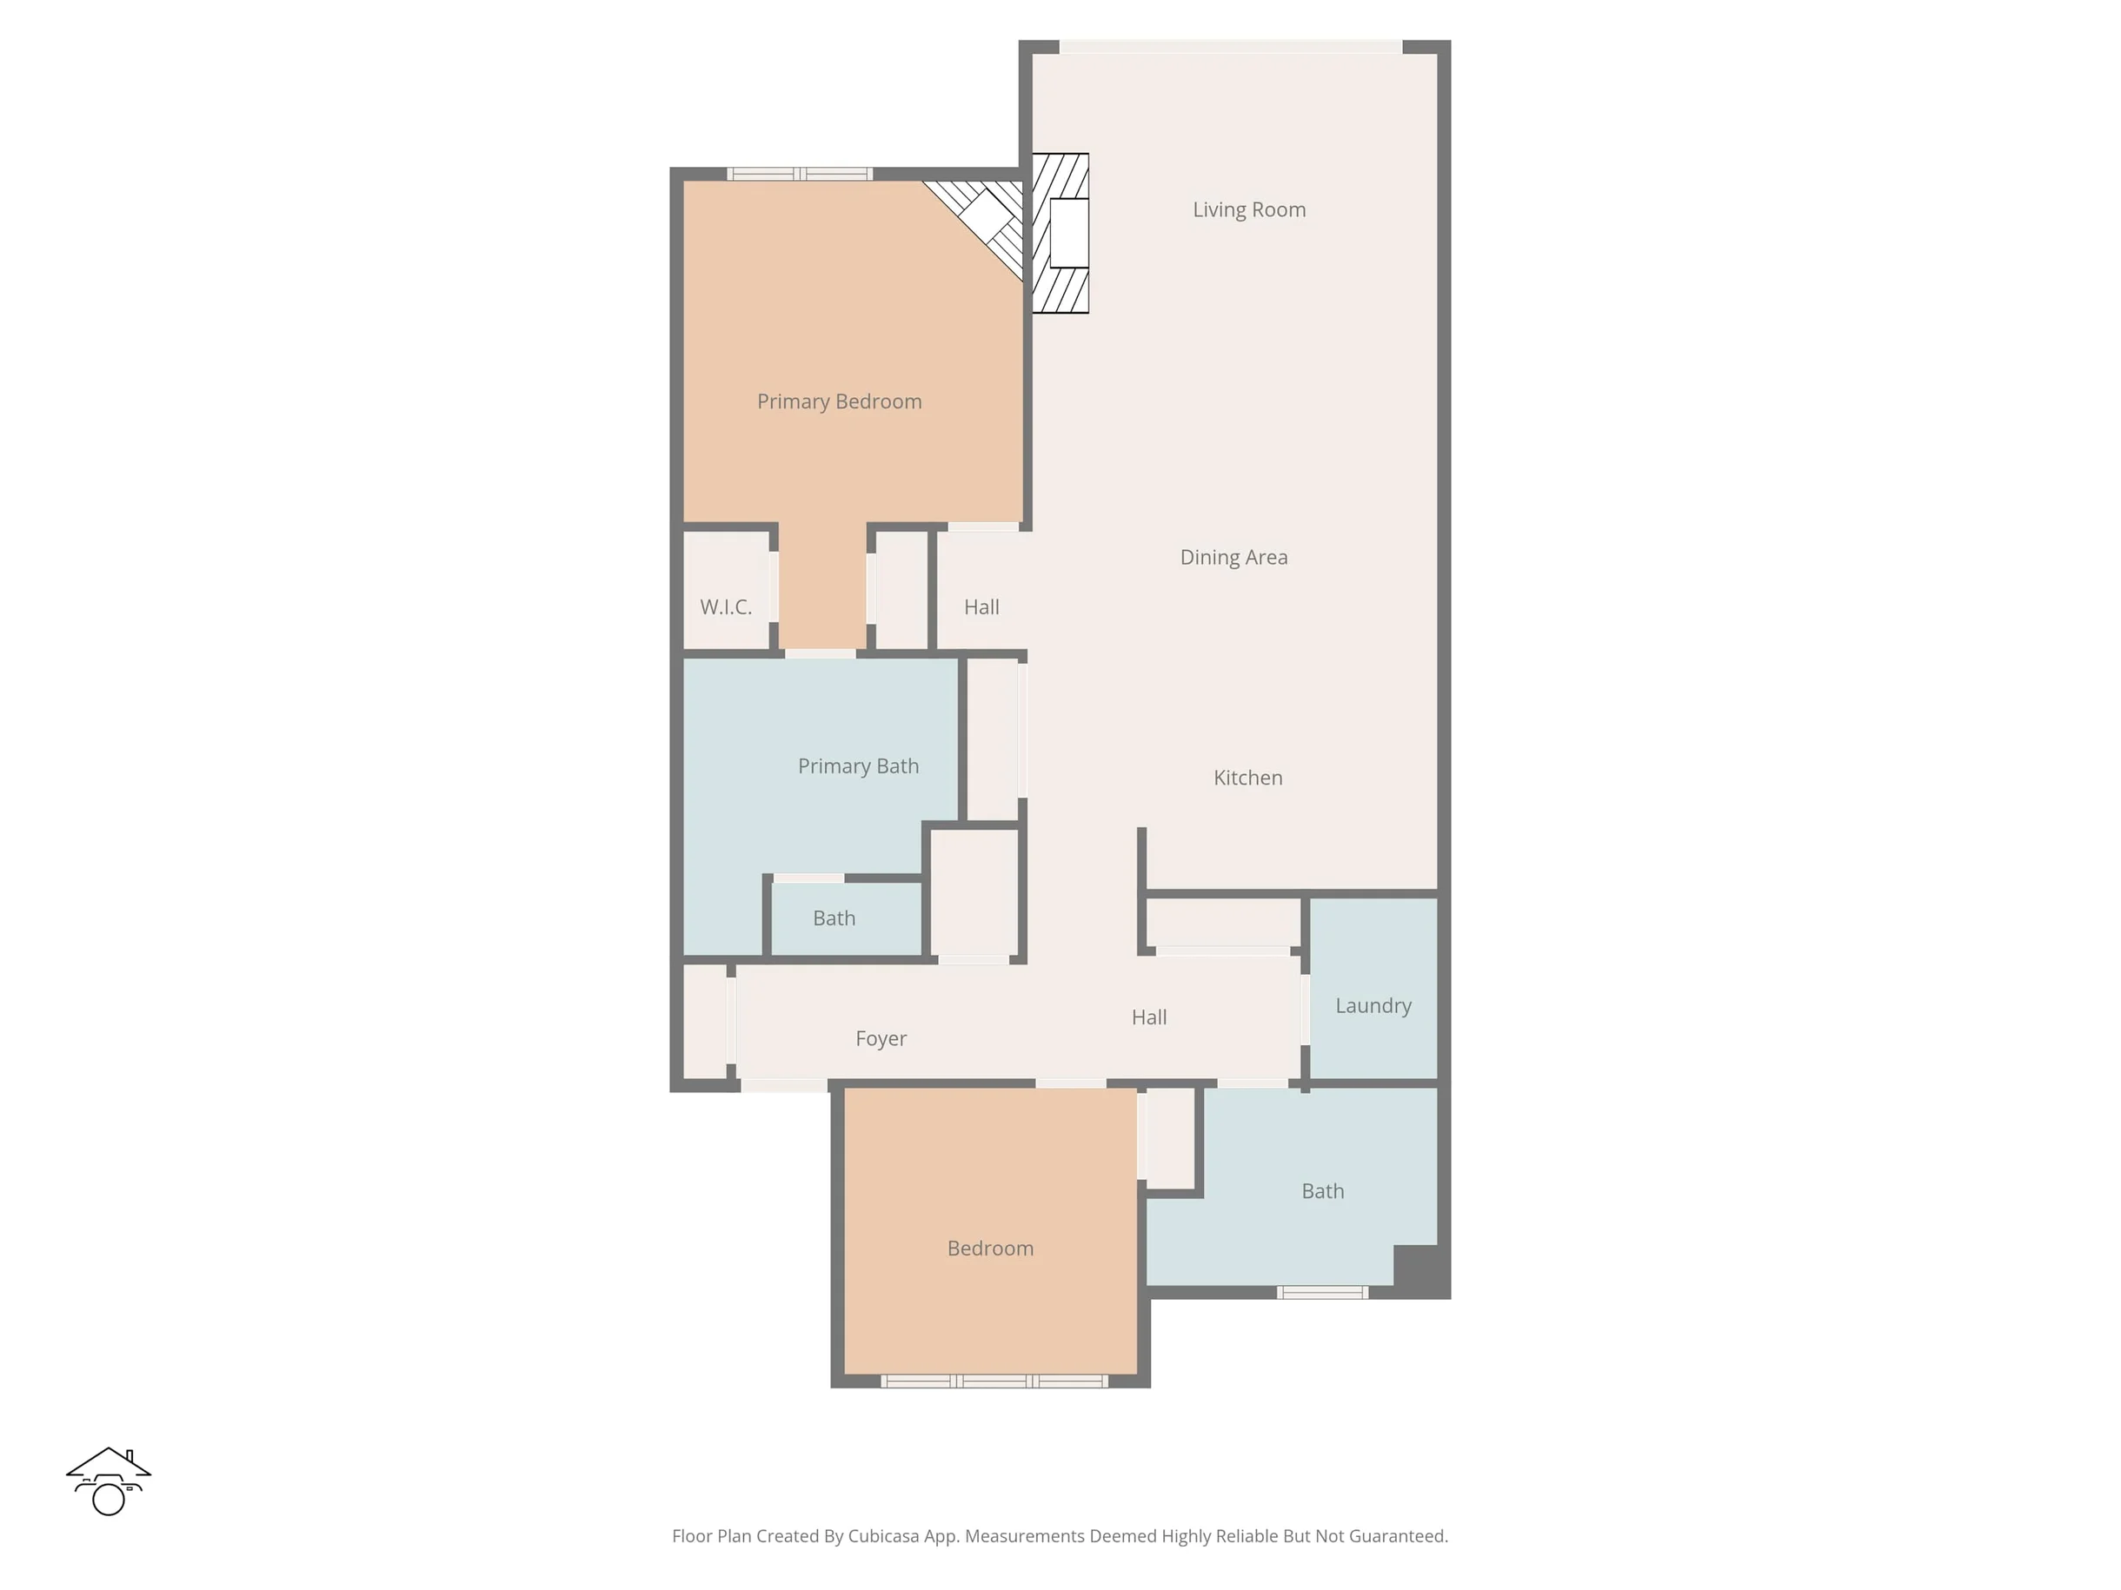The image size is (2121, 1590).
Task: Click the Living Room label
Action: click(1248, 210)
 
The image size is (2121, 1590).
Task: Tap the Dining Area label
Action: click(1233, 558)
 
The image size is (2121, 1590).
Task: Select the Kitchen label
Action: click(1247, 778)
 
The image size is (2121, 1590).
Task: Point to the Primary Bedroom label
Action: click(839, 402)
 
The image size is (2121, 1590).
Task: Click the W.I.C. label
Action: click(726, 607)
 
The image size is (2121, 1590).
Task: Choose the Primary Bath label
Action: click(858, 766)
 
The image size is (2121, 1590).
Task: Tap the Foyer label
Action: click(881, 1040)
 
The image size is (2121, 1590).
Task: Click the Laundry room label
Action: click(1373, 1006)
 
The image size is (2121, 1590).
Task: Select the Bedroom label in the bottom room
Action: click(989, 1249)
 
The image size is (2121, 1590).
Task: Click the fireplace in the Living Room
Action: click(1060, 233)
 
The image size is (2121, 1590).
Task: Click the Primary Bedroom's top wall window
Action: click(800, 174)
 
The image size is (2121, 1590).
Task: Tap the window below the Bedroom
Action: click(994, 1381)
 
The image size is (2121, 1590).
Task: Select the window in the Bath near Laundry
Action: click(1322, 1293)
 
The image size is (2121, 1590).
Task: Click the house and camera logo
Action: click(109, 1481)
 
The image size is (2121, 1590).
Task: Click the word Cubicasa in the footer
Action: click(883, 1536)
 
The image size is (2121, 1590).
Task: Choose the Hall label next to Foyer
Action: click(1148, 1017)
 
